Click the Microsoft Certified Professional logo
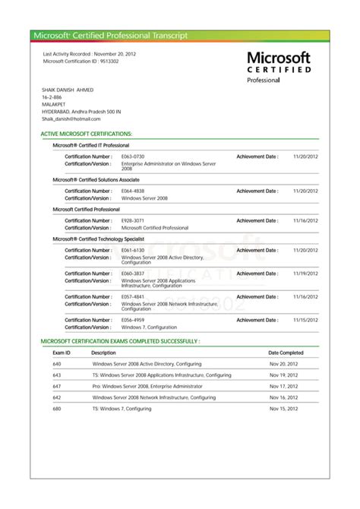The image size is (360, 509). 278,66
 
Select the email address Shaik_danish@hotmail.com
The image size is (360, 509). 71,119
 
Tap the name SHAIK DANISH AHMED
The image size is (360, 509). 69,90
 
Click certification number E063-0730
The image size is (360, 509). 133,156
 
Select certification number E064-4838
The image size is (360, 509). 133,191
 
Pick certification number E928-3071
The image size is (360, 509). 133,220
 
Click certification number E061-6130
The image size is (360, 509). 133,250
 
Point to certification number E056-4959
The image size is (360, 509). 133,321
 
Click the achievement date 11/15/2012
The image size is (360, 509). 305,321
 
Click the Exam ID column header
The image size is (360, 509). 62,353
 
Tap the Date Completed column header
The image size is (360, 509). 286,353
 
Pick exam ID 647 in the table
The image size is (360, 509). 57,386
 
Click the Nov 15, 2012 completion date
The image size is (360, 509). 285,409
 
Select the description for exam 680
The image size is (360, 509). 123,409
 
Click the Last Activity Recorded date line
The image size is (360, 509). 90,55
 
